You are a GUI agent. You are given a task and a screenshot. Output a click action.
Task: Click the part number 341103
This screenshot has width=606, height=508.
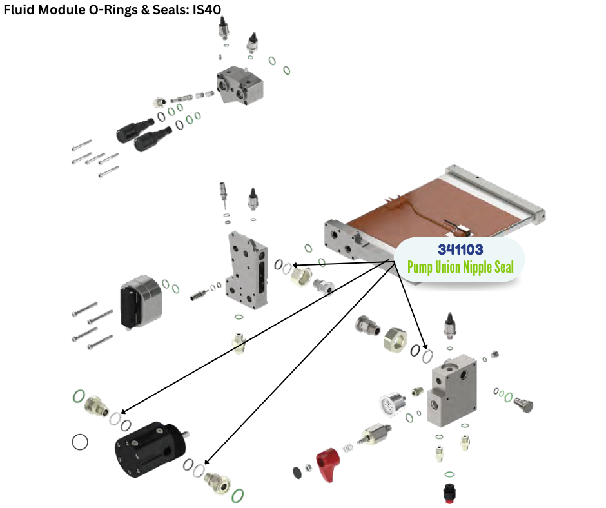coord(460,249)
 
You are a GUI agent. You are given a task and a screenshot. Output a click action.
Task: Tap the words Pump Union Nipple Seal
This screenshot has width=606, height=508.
coord(460,266)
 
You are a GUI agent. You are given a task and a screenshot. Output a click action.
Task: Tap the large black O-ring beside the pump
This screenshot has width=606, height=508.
coord(80,442)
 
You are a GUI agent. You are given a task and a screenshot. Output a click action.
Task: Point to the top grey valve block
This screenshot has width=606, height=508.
coord(240,86)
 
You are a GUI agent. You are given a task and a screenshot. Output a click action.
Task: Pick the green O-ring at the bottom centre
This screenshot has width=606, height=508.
coord(237,495)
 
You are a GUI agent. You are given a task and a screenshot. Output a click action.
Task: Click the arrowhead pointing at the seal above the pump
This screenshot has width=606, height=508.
coord(123,411)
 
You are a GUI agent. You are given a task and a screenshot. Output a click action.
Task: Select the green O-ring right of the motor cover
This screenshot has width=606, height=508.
coord(166,283)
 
